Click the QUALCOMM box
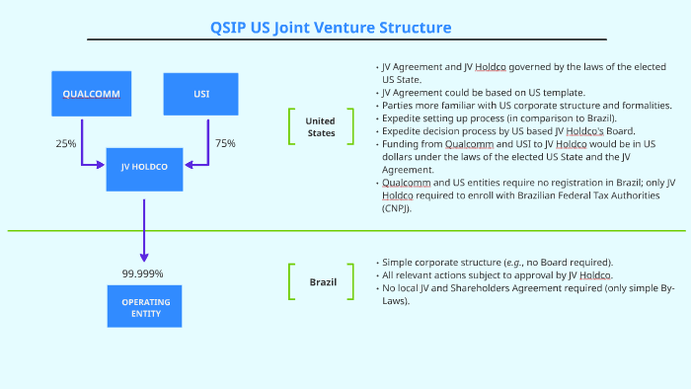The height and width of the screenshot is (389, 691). tap(92, 95)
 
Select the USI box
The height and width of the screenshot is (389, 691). tap(201, 95)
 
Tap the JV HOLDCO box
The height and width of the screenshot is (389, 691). tap(144, 167)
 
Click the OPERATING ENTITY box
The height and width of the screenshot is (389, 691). tap(145, 307)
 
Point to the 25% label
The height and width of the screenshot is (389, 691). tap(66, 144)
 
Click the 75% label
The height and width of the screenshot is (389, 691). tap(225, 144)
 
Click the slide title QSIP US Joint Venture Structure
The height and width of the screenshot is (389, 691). tap(345, 27)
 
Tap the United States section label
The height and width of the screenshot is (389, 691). tap(320, 127)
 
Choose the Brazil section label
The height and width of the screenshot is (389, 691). tap(321, 282)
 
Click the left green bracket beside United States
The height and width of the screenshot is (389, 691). tap(291, 127)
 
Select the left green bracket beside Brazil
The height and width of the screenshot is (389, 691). tap(291, 282)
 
